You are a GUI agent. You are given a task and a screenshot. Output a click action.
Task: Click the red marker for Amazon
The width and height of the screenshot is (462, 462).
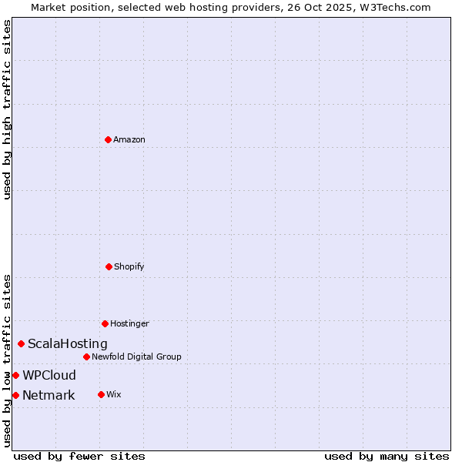pos(108,139)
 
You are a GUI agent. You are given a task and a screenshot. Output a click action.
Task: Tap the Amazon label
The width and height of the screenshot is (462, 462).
pos(129,139)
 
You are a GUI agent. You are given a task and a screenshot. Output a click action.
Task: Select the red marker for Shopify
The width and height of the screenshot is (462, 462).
pos(109,266)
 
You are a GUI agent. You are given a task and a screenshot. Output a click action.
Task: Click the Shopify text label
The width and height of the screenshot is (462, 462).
pos(129,266)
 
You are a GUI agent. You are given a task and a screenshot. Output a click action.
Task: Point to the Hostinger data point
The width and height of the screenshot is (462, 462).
pos(105,323)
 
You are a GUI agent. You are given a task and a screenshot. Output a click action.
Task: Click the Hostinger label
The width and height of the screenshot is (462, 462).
pos(129,323)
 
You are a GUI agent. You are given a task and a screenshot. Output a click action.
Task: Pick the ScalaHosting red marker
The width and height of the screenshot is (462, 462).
pos(21,343)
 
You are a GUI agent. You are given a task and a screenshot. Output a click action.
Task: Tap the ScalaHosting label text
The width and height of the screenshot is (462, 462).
pos(68,344)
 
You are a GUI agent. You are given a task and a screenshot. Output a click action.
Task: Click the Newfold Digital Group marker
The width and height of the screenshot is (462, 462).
pos(86,357)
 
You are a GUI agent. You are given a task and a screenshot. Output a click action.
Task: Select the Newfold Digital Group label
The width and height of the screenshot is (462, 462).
pos(136,357)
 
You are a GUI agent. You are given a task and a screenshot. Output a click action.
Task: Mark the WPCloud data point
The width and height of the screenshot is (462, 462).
pos(15,375)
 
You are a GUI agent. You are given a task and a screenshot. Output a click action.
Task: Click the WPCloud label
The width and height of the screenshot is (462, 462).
pos(49,376)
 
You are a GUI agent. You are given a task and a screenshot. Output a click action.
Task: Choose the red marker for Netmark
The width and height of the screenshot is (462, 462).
pos(15,395)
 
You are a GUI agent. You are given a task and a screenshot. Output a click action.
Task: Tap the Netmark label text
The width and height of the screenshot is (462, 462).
pos(49,396)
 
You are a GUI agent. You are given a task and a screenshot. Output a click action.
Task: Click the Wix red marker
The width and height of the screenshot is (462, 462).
pos(101,394)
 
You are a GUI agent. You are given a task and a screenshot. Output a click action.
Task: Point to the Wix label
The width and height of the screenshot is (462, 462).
pos(113,394)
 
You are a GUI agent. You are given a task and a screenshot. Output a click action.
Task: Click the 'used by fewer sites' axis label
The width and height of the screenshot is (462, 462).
pos(79,457)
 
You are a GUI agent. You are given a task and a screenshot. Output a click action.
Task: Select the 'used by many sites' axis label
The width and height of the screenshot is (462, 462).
pos(387,457)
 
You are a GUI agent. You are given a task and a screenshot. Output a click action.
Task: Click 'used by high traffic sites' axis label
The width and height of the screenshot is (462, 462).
pos(7,109)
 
